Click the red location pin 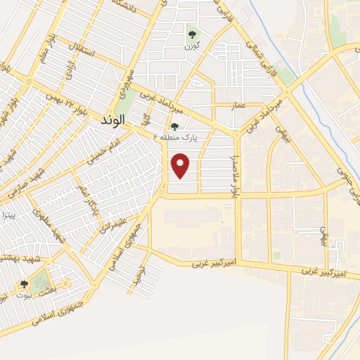(x=181, y=166)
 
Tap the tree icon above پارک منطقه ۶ (x=174, y=127)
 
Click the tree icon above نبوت (x=25, y=284)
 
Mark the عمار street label (x=239, y=105)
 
